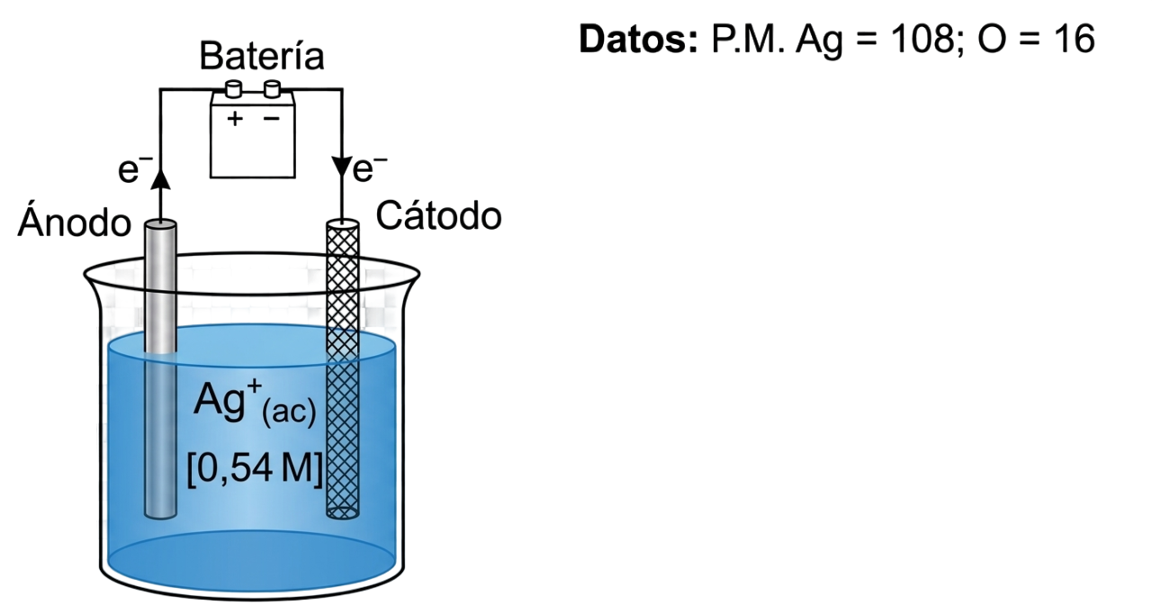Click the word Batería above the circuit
pyautogui.click(x=262, y=56)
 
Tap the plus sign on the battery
pyautogui.click(x=235, y=119)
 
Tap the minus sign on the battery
pyautogui.click(x=271, y=119)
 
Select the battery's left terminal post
pyautogui.click(x=234, y=88)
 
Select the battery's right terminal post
pyautogui.click(x=272, y=88)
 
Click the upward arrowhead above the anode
pyautogui.click(x=161, y=179)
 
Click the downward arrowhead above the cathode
pyautogui.click(x=342, y=166)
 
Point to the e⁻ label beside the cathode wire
pyautogui.click(x=370, y=168)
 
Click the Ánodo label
pyautogui.click(x=75, y=221)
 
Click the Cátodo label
pyautogui.click(x=438, y=215)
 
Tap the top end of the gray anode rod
pyautogui.click(x=161, y=225)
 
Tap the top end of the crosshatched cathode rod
pyautogui.click(x=343, y=224)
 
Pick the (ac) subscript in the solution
pyautogui.click(x=289, y=412)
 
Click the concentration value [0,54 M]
pyautogui.click(x=255, y=468)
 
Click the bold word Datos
pyautogui.click(x=639, y=39)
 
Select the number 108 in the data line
pyautogui.click(x=922, y=39)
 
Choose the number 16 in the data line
pyautogui.click(x=1075, y=39)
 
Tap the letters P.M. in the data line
pyautogui.click(x=748, y=39)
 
